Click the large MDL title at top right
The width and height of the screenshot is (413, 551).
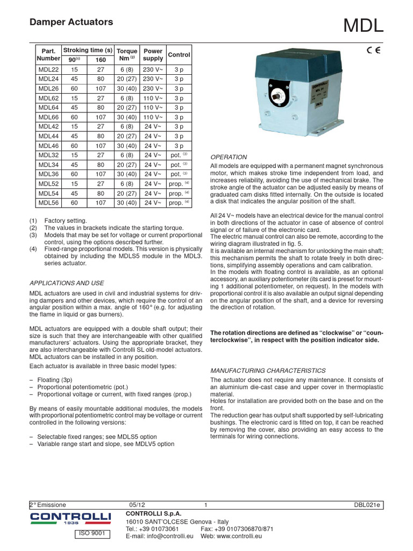point(364,25)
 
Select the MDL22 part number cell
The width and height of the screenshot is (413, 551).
point(48,69)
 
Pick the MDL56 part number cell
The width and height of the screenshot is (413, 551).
point(48,202)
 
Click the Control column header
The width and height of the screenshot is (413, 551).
point(179,55)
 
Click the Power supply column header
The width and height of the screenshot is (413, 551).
point(153,55)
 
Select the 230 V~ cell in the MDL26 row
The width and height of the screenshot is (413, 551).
point(153,89)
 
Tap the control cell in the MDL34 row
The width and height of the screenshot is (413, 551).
point(179,165)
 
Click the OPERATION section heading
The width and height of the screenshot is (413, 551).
point(229,157)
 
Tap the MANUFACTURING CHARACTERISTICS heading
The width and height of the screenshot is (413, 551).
point(267,371)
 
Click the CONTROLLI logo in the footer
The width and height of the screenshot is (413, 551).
point(70,519)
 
